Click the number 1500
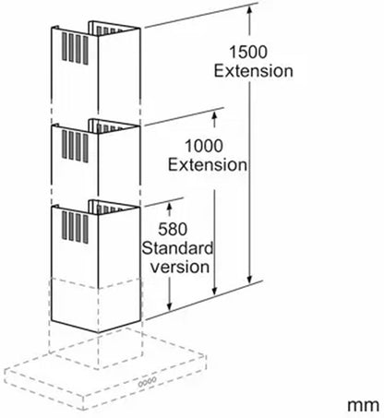coord(248,52)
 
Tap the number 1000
coord(203,146)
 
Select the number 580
coord(173,229)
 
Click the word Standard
coord(177,248)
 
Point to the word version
coord(180,267)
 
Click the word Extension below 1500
coord(253,71)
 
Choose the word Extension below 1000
coord(207,165)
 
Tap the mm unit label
coord(364,405)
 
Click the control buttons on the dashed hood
coord(147,382)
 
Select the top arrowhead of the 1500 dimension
coord(249,9)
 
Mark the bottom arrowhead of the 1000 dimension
coord(215,291)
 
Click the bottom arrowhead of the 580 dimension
coord(169,305)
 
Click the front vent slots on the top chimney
coord(75,49)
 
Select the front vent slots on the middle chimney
coord(75,147)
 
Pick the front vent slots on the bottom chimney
coord(75,227)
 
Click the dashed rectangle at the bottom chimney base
coord(95,305)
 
